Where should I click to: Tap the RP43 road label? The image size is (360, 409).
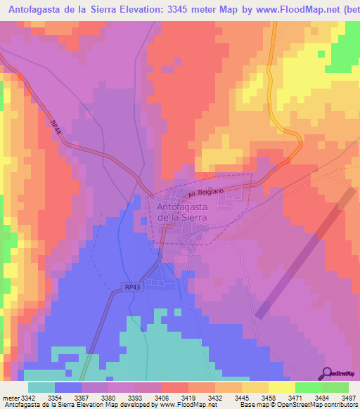click(132, 287)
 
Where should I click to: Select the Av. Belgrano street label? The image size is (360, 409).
click(205, 193)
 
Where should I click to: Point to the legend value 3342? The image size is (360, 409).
click(28, 398)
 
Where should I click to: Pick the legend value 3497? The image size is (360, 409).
click(349, 398)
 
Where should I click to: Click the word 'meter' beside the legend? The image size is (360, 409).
click(11, 398)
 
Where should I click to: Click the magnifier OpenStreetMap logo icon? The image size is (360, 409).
click(327, 372)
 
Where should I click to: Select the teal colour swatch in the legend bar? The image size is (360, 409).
click(41, 387)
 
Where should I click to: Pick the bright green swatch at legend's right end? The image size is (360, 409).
click(335, 387)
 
